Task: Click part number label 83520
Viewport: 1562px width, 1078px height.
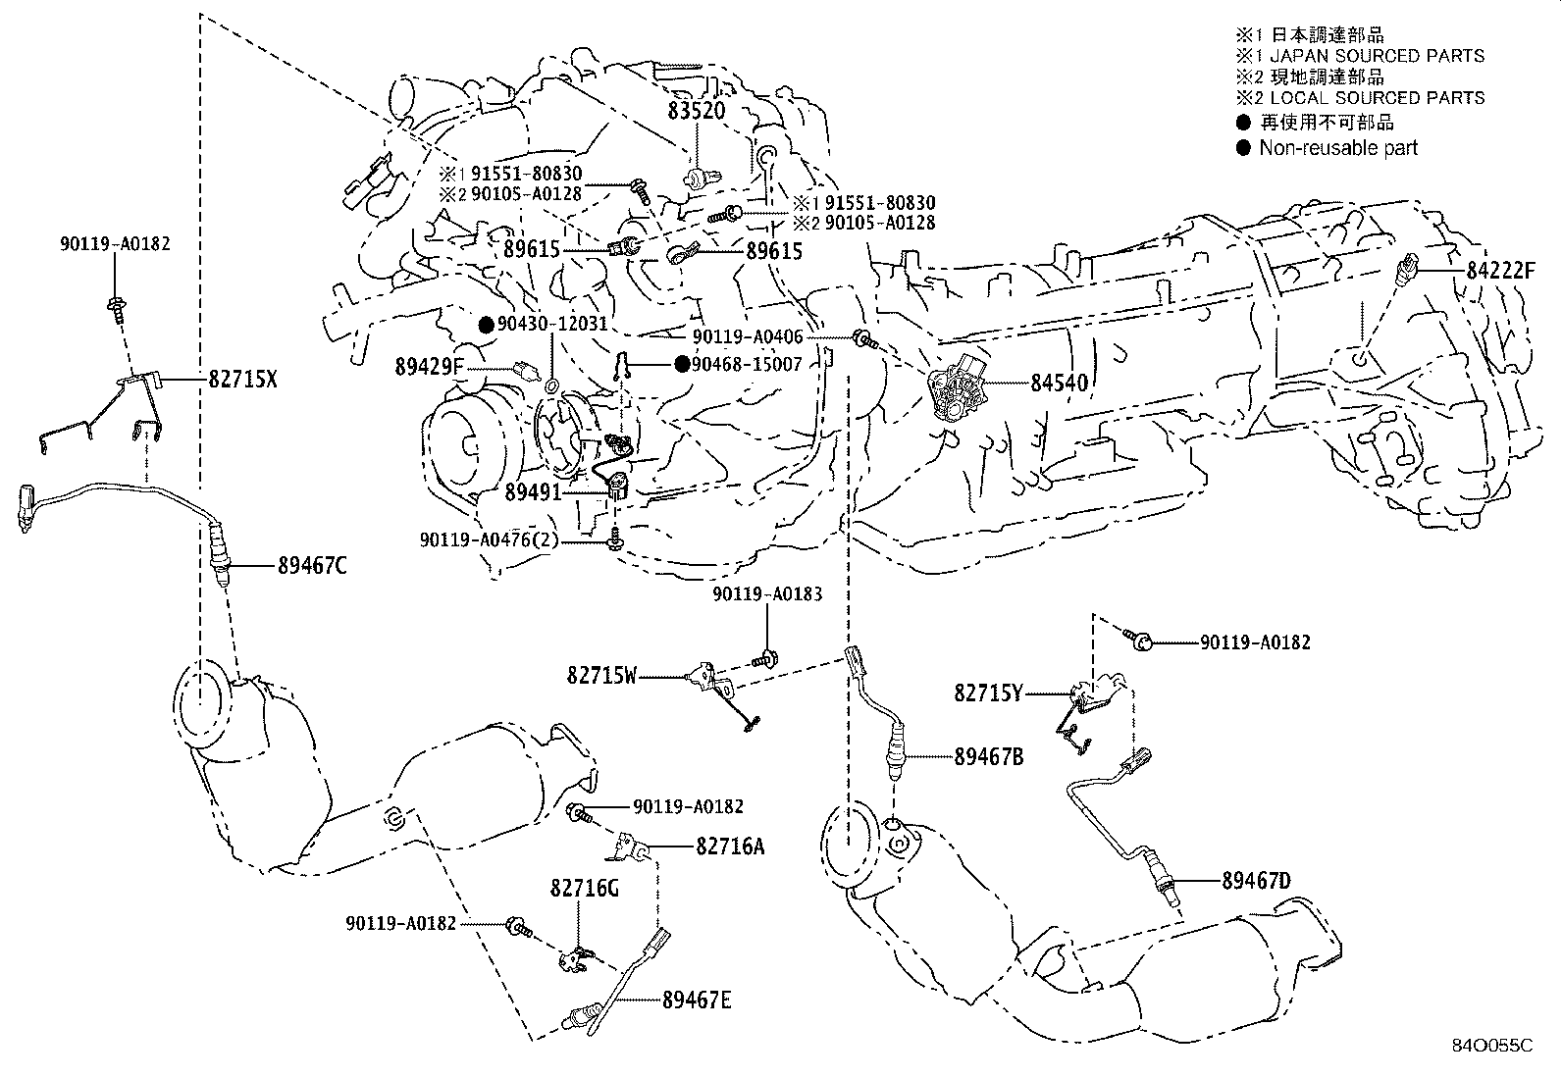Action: [697, 111]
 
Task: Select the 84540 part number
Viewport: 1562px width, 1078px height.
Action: [1059, 383]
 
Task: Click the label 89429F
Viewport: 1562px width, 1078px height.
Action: [429, 367]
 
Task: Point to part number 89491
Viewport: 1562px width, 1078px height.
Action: [533, 492]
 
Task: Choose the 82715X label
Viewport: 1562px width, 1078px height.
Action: [242, 378]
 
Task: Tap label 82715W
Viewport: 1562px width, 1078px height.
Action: [601, 675]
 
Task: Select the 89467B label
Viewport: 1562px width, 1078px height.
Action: [988, 755]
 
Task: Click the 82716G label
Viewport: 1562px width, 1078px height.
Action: [584, 888]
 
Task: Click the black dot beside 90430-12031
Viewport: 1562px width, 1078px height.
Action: [485, 324]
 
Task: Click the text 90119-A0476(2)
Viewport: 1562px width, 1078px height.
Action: [502, 539]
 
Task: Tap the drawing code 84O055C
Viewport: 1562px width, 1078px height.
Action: [1492, 1046]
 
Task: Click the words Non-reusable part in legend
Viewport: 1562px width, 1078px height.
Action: [1338, 148]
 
